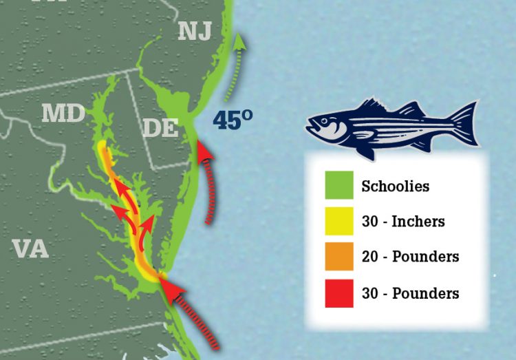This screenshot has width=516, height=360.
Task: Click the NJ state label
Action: (194, 30)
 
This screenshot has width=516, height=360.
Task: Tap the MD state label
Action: (63, 114)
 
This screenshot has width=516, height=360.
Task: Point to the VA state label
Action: (30, 248)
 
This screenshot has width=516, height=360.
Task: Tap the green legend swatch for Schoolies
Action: (339, 186)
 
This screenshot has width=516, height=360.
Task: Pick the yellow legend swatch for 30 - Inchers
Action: (339, 221)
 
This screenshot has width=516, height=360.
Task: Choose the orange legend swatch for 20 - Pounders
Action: (339, 257)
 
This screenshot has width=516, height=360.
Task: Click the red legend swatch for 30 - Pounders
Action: (339, 293)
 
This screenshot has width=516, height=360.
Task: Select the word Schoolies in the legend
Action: (395, 186)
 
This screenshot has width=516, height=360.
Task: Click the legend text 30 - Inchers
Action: (403, 222)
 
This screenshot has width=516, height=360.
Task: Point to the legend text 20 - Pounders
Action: (410, 257)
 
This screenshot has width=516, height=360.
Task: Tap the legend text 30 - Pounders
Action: (410, 293)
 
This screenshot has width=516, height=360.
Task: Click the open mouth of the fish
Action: (310, 127)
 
